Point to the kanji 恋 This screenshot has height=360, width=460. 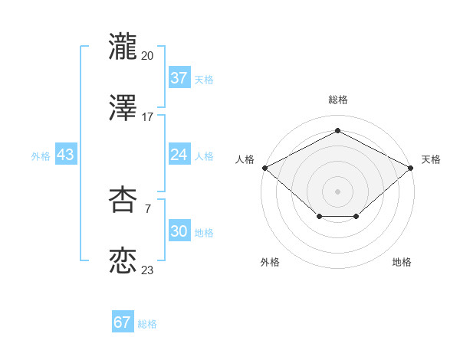coord(123,261)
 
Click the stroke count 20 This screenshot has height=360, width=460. coord(147,55)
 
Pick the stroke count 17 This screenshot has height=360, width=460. coord(147,117)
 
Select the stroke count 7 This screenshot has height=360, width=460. coord(147,208)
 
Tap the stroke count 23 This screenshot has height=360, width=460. coord(147,270)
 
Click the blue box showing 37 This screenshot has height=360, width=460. coord(179,78)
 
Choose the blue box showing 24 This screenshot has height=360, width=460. coord(179,155)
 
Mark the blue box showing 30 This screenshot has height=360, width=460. coord(179,231)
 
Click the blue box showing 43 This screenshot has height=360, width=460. coord(66,155)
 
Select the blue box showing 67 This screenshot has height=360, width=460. coord(123,322)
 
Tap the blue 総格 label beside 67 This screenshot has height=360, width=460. coord(147,324)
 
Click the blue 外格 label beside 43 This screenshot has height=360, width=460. coord(41,155)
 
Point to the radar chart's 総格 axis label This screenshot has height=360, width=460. coord(338,100)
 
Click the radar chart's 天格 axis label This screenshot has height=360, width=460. coord(431,159)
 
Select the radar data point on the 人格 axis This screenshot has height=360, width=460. coord(264,167)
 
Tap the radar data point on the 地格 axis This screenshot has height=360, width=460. coord(356,218)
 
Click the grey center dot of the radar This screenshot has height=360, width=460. coord(338,191)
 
